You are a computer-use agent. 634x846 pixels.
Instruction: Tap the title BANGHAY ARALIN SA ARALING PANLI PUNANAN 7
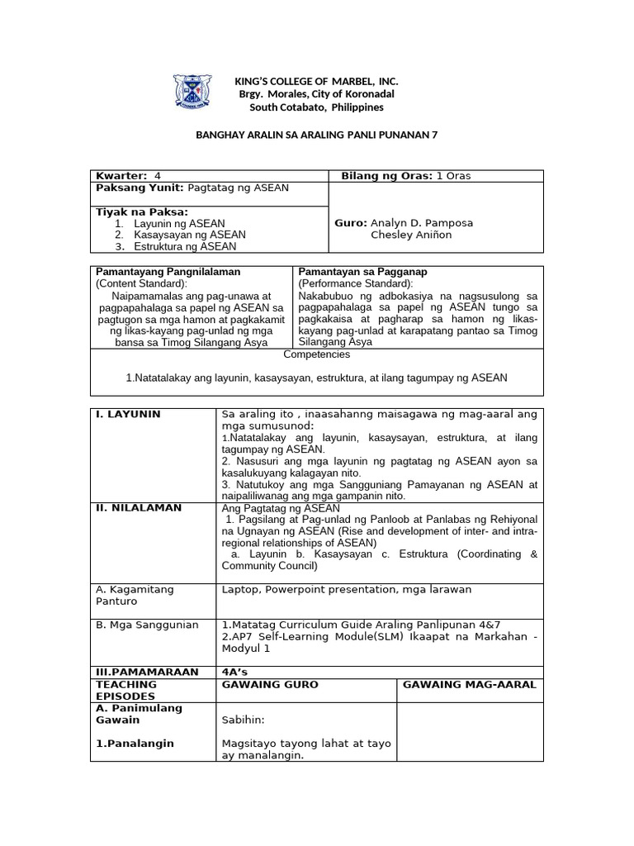click(315, 139)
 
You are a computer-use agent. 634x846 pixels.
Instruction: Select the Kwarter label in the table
click(121, 176)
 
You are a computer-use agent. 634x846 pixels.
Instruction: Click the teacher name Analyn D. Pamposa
click(422, 223)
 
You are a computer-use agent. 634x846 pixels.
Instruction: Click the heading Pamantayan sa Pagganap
click(362, 272)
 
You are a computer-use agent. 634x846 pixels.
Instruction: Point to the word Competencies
click(316, 354)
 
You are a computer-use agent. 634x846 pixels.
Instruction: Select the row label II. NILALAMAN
click(138, 507)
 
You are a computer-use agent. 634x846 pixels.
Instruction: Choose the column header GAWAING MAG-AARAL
click(469, 685)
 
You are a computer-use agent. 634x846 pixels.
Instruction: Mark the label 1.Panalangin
click(135, 744)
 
